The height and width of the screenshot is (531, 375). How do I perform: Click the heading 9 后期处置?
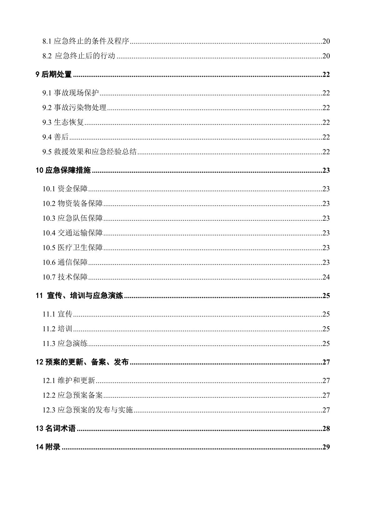pyautogui.click(x=54, y=75)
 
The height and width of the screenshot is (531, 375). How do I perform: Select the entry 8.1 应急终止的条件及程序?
pyautogui.click(x=86, y=41)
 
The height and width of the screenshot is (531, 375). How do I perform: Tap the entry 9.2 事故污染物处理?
pyautogui.click(x=74, y=108)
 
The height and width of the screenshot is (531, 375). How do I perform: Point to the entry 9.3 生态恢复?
pyautogui.click(x=63, y=122)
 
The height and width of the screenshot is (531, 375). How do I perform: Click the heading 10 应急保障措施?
pyautogui.click(x=63, y=170)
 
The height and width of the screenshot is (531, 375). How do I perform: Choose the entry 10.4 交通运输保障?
pyautogui.click(x=73, y=233)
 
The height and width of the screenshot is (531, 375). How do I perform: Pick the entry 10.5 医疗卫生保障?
pyautogui.click(x=73, y=248)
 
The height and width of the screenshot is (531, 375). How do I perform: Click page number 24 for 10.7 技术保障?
pyautogui.click(x=326, y=277)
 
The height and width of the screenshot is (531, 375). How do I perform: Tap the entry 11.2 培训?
pyautogui.click(x=58, y=329)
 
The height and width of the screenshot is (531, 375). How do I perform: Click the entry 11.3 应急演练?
pyautogui.click(x=65, y=343)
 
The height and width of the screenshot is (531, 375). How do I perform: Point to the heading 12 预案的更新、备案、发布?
pyautogui.click(x=82, y=362)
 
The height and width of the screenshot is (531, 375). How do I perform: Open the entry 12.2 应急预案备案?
pyautogui.click(x=73, y=395)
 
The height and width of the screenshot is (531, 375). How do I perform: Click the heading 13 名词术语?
pyautogui.click(x=56, y=429)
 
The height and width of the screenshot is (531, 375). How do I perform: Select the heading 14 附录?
pyautogui.click(x=48, y=447)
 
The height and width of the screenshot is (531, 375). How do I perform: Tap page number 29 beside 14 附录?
pyautogui.click(x=326, y=447)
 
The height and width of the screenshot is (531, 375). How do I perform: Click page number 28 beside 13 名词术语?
pyautogui.click(x=326, y=429)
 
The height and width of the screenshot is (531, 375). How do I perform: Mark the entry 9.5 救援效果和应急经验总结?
pyautogui.click(x=89, y=152)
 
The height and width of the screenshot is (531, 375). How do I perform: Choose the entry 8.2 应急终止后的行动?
pyautogui.click(x=79, y=56)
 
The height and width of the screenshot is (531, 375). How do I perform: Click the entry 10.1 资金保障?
pyautogui.click(x=65, y=189)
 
